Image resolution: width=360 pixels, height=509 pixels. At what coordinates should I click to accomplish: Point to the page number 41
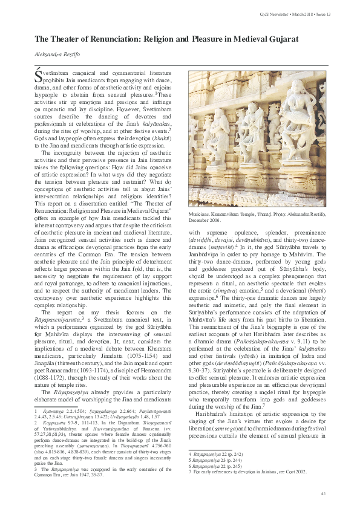(324, 493)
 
